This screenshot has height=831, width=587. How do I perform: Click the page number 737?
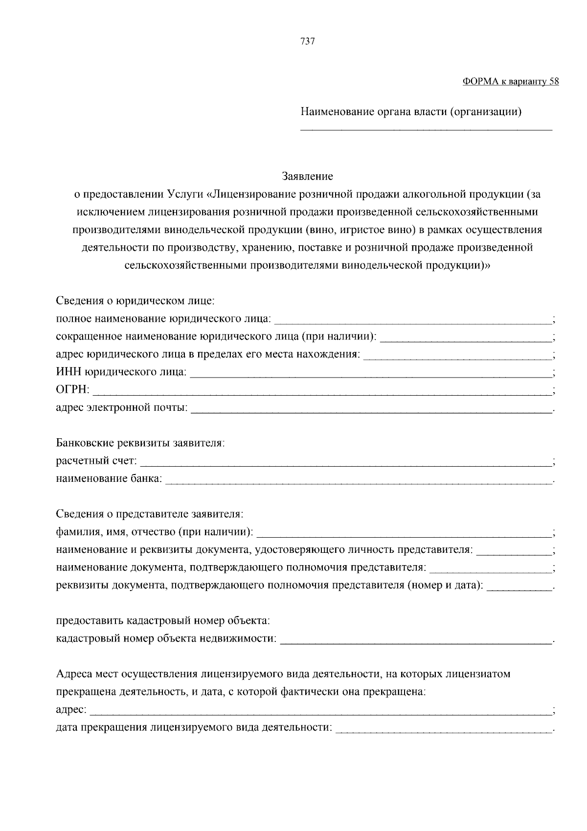pyautogui.click(x=307, y=41)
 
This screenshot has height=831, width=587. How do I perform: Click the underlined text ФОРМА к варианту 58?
pyautogui.click(x=510, y=82)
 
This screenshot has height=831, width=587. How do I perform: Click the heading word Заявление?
pyautogui.click(x=307, y=176)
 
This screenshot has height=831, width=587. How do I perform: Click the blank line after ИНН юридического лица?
pyautogui.click(x=370, y=374)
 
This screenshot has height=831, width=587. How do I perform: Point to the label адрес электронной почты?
pyautogui.click(x=122, y=407)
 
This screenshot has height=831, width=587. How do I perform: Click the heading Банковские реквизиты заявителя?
pyautogui.click(x=140, y=443)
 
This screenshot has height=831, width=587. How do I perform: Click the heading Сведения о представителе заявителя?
pyautogui.click(x=150, y=514)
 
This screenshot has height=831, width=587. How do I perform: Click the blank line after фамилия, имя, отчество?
pyautogui.click(x=404, y=533)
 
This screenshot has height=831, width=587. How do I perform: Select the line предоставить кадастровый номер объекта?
pyautogui.click(x=163, y=621)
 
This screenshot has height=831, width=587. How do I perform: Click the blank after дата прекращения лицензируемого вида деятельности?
pyautogui.click(x=444, y=729)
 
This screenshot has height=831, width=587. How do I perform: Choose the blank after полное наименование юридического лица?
pyautogui.click(x=412, y=320)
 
